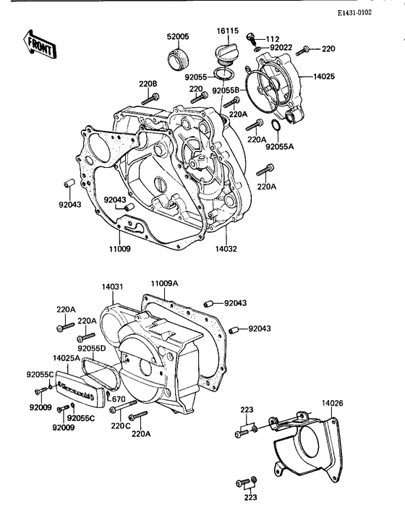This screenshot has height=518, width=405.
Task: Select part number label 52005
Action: tap(178, 36)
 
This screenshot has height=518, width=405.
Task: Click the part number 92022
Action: tap(281, 48)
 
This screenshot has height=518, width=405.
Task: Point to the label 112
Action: tap(272, 38)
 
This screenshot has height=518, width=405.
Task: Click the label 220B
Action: tap(148, 84)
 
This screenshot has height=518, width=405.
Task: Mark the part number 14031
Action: tap(113, 287)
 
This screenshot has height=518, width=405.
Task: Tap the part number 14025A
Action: tap(67, 357)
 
